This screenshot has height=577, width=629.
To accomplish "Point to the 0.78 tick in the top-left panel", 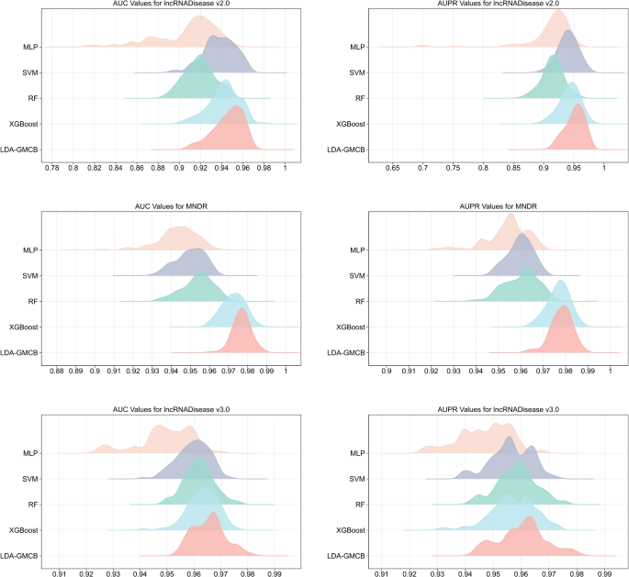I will click(x=52, y=168).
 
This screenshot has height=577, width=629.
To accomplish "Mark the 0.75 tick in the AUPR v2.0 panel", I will click(x=454, y=168).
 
